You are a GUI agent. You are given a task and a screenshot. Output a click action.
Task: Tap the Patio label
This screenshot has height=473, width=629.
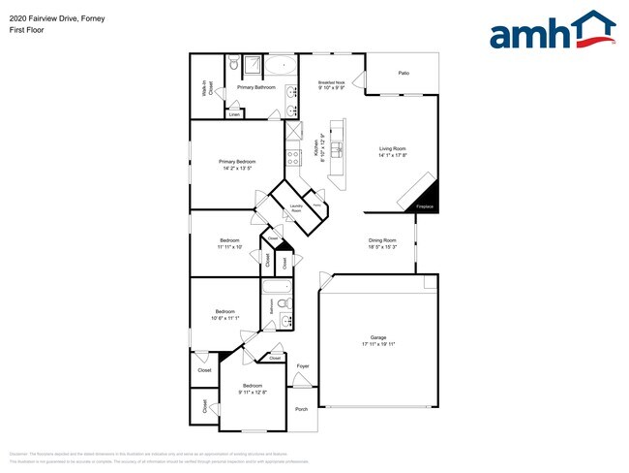(403, 73)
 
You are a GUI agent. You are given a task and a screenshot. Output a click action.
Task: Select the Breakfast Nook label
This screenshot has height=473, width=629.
(332, 83)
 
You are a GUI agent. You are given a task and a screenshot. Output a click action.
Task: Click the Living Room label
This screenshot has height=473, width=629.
(392, 148)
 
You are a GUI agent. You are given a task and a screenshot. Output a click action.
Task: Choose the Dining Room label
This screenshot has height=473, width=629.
(382, 239)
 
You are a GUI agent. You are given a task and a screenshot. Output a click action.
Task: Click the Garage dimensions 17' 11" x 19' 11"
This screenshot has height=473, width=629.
(378, 344)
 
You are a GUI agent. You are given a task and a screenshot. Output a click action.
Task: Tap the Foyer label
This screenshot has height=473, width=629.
(302, 365)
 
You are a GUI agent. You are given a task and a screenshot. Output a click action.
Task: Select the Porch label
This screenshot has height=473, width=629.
(301, 408)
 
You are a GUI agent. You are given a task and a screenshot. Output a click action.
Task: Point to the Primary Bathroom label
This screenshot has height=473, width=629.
(256, 87)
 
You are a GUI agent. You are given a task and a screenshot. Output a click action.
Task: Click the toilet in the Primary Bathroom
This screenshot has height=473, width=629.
(233, 64)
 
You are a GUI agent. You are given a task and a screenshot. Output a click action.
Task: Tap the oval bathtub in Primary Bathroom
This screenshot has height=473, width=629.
(283, 67)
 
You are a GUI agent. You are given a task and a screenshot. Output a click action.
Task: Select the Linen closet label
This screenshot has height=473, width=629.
(234, 114)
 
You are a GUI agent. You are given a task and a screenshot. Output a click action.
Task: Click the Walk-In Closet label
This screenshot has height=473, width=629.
(206, 87)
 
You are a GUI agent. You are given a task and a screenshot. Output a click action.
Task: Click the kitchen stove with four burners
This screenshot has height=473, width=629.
(293, 156)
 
